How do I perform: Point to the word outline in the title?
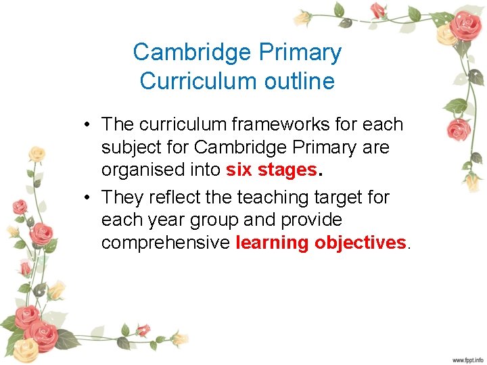298,81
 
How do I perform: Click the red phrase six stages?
271,170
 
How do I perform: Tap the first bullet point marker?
88,125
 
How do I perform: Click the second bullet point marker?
88,198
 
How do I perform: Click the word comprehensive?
166,243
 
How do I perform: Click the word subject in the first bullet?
128,147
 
